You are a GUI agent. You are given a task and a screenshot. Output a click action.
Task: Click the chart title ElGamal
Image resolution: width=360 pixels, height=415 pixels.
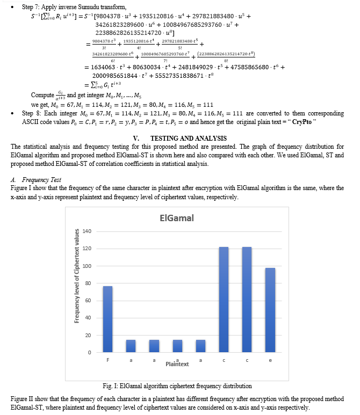[x=177, y=219]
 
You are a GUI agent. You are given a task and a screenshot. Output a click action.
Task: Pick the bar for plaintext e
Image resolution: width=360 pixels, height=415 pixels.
[x=270, y=310]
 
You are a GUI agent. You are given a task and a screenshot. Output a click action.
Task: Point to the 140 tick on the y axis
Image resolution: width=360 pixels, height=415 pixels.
[x=87, y=231]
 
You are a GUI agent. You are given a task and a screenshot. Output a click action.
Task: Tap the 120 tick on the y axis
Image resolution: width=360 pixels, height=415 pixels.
[x=87, y=249]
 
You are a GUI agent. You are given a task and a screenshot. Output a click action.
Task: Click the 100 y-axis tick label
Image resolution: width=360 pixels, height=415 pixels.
[x=87, y=266]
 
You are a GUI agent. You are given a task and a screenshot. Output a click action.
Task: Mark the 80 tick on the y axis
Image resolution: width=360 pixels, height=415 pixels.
[x=88, y=283]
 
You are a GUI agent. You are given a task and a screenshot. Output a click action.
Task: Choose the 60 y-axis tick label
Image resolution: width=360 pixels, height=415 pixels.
[x=88, y=301]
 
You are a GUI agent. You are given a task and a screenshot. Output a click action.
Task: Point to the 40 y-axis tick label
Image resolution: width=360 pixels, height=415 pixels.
[x=88, y=318]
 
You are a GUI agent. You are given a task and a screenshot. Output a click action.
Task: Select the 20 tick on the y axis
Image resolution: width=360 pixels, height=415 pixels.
[x=88, y=335]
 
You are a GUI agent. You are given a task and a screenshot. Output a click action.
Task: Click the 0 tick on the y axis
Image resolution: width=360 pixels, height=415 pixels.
[x=90, y=352]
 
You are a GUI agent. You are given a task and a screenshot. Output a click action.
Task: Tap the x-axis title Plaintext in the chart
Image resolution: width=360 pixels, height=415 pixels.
[x=177, y=364]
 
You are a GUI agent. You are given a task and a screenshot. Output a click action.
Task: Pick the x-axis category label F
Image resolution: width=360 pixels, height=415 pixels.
[x=108, y=360]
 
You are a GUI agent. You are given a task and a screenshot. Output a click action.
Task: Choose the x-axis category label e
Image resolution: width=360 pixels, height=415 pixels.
[x=270, y=360]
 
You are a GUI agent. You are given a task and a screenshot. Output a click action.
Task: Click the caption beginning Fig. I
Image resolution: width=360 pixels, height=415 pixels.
[x=177, y=385]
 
